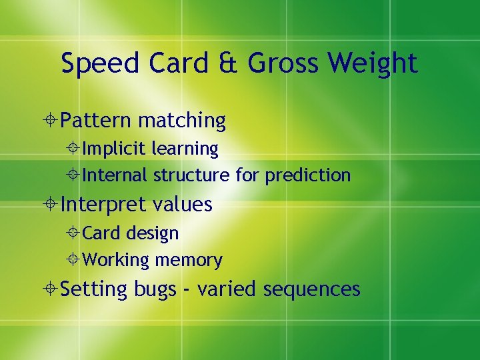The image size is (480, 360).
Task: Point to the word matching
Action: (x=182, y=121)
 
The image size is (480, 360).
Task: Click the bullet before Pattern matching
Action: (x=52, y=121)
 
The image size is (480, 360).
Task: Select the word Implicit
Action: (x=114, y=149)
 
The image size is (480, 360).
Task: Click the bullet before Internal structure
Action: (x=74, y=175)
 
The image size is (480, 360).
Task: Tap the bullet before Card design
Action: (x=74, y=233)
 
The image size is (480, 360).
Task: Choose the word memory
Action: (x=188, y=260)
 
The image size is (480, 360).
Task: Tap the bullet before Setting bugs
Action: (x=52, y=289)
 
